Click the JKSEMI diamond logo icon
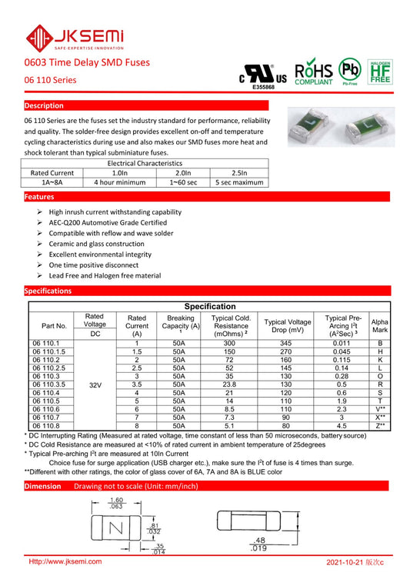click(39, 38)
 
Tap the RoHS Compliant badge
click(314, 72)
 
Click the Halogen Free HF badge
click(380, 72)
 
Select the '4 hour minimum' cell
click(120, 182)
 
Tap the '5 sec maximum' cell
click(239, 182)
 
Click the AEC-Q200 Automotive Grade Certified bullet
click(108, 223)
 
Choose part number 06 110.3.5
click(48, 384)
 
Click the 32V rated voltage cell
click(95, 385)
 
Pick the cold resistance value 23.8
click(229, 384)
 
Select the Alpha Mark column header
click(380, 326)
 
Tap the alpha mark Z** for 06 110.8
click(381, 426)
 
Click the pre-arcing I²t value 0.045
click(342, 351)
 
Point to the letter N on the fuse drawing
click(116, 528)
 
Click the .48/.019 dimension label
click(258, 544)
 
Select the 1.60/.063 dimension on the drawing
click(116, 504)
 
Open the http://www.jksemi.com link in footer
click(65, 561)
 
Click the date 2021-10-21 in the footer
click(345, 562)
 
